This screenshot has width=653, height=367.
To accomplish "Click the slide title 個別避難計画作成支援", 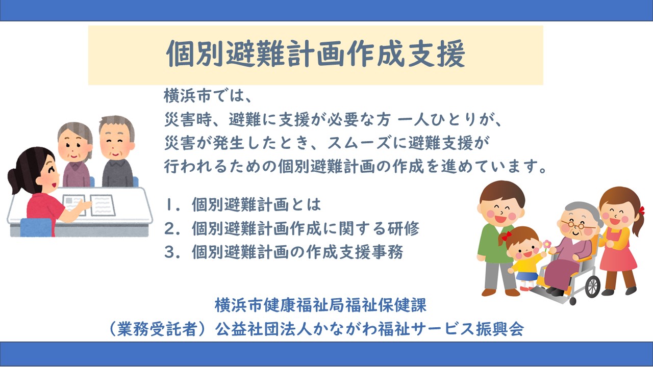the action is [315, 55].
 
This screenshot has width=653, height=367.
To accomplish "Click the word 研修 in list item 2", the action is [404, 228].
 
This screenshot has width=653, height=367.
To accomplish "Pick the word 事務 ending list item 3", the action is [387, 252].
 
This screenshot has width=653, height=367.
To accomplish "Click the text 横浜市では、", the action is [208, 96].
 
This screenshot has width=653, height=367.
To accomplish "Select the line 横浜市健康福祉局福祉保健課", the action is [321, 305].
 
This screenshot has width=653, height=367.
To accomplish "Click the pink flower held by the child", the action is [547, 244].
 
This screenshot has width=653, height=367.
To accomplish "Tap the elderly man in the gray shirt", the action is [117, 151].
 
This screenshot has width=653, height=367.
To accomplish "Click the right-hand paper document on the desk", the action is [102, 205].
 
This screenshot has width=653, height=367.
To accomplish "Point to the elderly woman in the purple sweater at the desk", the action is [75, 155].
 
